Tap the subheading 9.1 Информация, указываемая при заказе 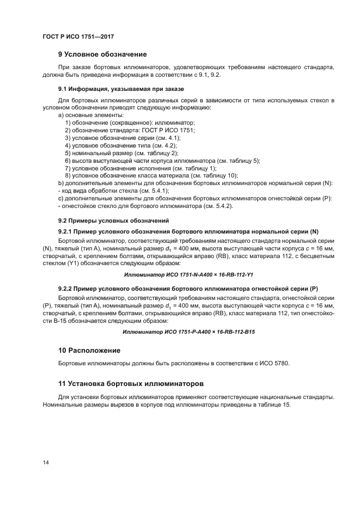pyautogui.click(x=121, y=89)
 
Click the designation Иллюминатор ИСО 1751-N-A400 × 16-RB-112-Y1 pyautogui.click(x=189, y=275)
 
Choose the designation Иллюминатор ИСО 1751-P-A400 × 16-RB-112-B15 pyautogui.click(x=189, y=332)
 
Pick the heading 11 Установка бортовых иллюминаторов pyautogui.click(x=130, y=384)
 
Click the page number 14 pyautogui.click(x=46, y=462)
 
